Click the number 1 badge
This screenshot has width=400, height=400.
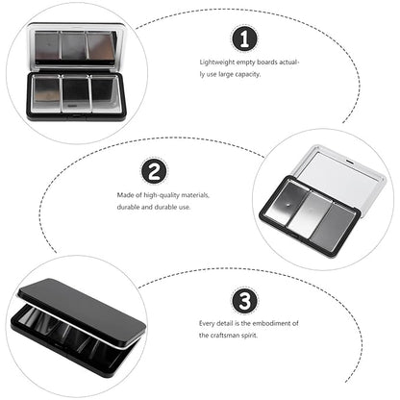pyautogui.click(x=244, y=39)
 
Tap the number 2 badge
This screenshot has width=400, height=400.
pyautogui.click(x=154, y=172)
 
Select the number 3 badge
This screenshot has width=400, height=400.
pyautogui.click(x=244, y=301)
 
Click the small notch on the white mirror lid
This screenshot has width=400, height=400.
pyautogui.click(x=350, y=161)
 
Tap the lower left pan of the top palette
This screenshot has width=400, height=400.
pyautogui.click(x=47, y=93)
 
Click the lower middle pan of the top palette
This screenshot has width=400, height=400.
pyautogui.click(x=76, y=93)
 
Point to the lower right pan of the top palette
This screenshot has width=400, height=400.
pyautogui.click(x=106, y=93)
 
